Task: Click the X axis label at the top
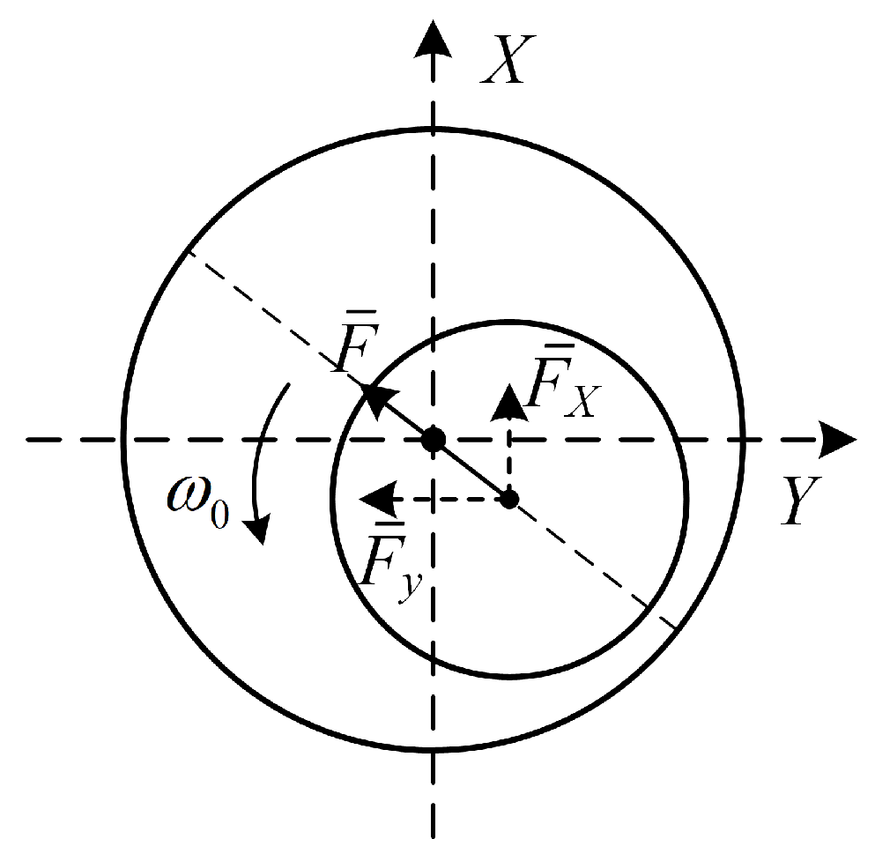click(508, 59)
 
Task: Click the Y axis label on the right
click(802, 500)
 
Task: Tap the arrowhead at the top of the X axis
click(433, 39)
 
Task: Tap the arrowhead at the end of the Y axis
click(838, 440)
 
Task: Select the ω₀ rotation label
click(198, 501)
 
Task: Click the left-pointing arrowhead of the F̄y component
click(377, 499)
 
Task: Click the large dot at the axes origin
click(434, 440)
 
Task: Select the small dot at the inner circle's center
click(509, 499)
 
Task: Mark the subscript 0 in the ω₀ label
click(220, 515)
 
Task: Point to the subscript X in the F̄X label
click(582, 401)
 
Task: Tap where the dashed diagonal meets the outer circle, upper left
click(188, 251)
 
